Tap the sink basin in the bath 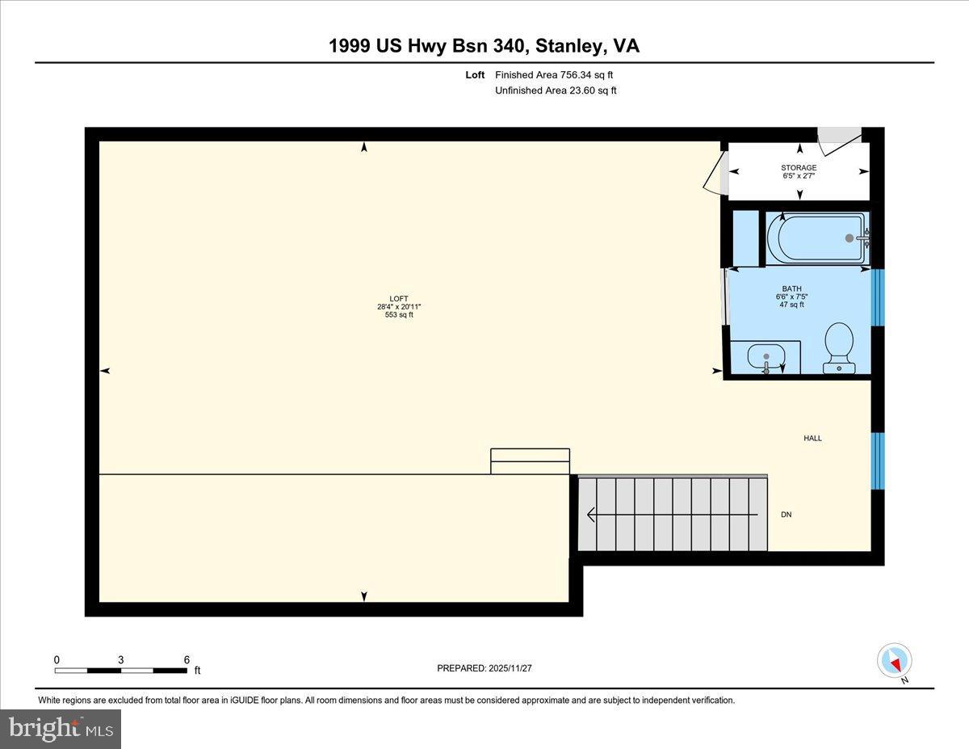(x=766, y=356)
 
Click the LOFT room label (x=399, y=298)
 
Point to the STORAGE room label (x=799, y=168)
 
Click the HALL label (x=812, y=438)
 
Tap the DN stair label (x=786, y=515)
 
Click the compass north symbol (x=895, y=661)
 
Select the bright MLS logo (x=61, y=729)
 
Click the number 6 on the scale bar (x=187, y=659)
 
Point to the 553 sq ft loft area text (x=399, y=315)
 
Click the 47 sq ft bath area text (x=791, y=305)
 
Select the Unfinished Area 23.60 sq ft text (x=556, y=90)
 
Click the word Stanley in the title (x=568, y=46)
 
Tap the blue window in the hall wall (x=878, y=461)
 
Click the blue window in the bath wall (x=878, y=297)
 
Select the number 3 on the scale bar (x=121, y=659)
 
